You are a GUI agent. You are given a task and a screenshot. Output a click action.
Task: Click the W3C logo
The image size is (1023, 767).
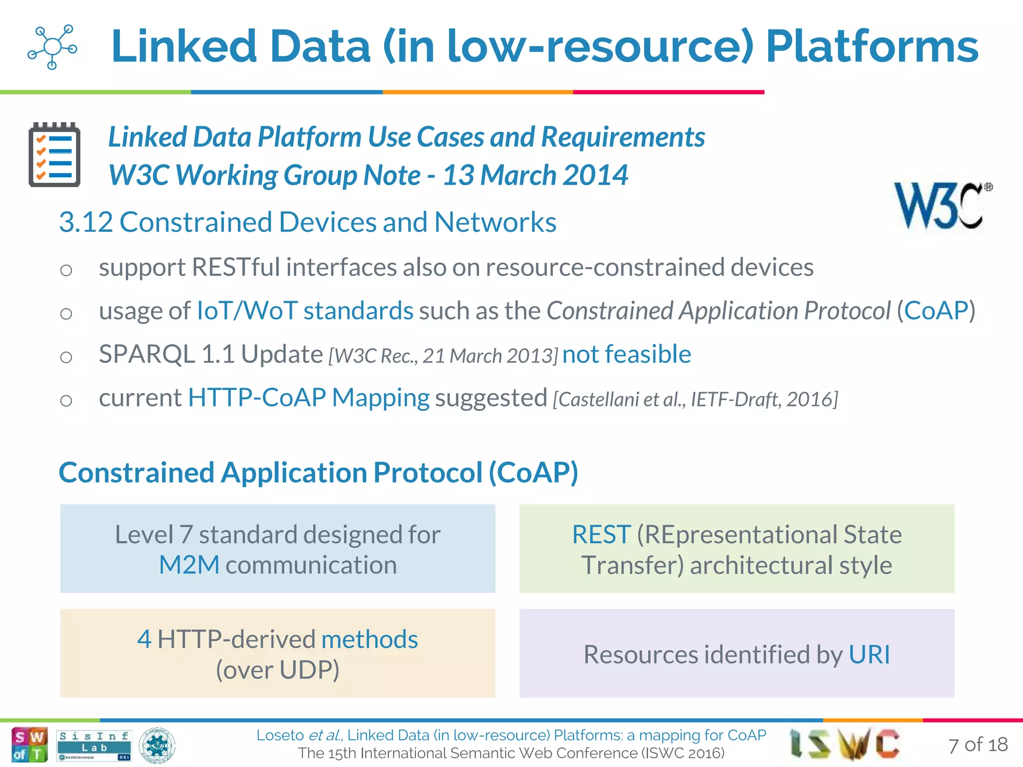[942, 206]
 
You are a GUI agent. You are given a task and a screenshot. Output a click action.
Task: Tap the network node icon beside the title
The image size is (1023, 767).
[52, 47]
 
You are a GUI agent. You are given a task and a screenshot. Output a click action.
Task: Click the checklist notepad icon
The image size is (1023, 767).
[54, 155]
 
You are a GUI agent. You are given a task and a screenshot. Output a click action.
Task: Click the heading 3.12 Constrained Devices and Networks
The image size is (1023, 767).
[308, 222]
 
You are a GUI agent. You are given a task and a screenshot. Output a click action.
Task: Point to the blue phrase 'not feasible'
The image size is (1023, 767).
[626, 354]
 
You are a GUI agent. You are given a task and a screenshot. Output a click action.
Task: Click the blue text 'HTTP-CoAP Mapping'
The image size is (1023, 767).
[308, 398]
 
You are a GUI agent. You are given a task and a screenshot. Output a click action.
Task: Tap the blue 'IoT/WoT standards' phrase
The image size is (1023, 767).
[305, 311]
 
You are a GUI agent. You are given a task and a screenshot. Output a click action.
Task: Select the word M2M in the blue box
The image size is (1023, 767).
[189, 565]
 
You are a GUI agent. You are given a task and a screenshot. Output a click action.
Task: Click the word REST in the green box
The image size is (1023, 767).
[601, 535]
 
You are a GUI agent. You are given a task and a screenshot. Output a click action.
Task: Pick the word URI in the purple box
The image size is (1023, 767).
[869, 655]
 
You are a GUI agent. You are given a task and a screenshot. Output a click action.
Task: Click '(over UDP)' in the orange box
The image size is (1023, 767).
[278, 670]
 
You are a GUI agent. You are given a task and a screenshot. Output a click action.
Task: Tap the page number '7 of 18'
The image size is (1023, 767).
[978, 745]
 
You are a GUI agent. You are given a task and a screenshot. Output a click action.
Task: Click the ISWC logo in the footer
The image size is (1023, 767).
[845, 744]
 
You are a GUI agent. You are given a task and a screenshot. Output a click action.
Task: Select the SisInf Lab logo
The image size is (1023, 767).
[94, 745]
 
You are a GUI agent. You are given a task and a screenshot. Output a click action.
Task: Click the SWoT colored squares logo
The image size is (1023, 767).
[29, 745]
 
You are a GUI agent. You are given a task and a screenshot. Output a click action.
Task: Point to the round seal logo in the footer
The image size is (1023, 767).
[157, 745]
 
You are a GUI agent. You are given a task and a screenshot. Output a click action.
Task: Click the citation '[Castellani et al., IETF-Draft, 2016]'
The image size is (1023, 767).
[695, 399]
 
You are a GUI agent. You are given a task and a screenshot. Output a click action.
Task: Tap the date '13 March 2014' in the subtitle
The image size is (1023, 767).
[535, 175]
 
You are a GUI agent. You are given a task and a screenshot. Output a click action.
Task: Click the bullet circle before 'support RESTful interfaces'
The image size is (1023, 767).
[66, 270]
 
